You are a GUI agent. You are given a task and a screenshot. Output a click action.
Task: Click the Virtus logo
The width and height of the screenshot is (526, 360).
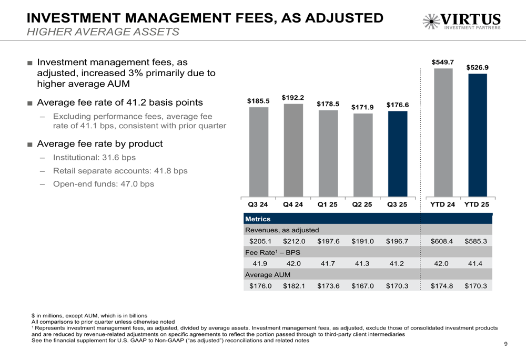pyautogui.click(x=461, y=22)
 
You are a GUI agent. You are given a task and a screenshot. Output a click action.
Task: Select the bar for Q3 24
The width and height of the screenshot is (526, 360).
pyautogui.click(x=259, y=152)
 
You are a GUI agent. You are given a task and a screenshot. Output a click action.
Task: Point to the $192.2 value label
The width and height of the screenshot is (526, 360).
pyautogui.click(x=293, y=98)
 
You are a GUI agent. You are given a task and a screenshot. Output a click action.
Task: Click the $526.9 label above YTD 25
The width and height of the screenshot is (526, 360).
pyautogui.click(x=478, y=67)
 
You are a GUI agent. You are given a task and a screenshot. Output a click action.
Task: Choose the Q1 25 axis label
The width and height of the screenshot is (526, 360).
pyautogui.click(x=328, y=204)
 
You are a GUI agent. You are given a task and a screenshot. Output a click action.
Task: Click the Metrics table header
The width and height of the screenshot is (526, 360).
pyautogui.click(x=258, y=219)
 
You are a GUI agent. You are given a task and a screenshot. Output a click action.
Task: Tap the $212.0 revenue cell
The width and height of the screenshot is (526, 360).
pyautogui.click(x=294, y=241)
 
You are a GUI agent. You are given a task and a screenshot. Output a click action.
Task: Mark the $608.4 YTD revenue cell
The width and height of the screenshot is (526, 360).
pyautogui.click(x=442, y=241)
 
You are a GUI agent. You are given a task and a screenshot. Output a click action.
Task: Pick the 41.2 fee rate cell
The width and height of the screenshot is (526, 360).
pyautogui.click(x=397, y=264)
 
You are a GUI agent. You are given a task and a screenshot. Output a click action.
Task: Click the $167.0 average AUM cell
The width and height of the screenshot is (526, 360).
pyautogui.click(x=362, y=286)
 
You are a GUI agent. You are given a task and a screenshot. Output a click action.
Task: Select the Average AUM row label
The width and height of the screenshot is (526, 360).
pyautogui.click(x=268, y=275)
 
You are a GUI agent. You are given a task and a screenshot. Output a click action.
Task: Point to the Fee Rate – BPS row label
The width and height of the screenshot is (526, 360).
pyautogui.click(x=269, y=252)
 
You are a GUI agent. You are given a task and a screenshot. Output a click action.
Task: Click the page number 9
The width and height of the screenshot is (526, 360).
pyautogui.click(x=505, y=344)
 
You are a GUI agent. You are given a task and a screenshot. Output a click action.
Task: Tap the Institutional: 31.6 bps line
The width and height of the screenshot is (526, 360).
pyautogui.click(x=94, y=158)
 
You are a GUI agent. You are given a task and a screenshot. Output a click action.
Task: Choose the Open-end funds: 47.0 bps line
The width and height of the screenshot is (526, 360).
pyautogui.click(x=104, y=184)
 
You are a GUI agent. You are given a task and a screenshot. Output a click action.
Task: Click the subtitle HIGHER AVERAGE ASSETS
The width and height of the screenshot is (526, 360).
pyautogui.click(x=103, y=32)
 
